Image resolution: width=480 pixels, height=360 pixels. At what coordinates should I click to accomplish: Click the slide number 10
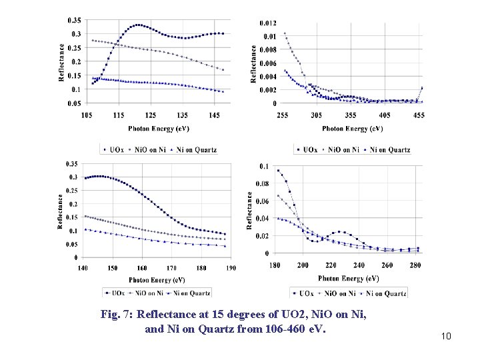coord(446,336)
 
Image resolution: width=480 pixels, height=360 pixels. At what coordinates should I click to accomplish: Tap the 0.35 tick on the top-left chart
coord(74,20)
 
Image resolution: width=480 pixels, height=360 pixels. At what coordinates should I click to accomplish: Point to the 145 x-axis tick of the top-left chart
coord(213,116)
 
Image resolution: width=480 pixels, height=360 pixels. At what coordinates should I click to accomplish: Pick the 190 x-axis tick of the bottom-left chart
coord(230,268)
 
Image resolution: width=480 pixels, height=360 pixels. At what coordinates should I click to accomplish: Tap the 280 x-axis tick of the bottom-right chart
coord(415,265)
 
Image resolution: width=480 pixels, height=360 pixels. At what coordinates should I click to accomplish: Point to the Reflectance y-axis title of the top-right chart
coord(253,63)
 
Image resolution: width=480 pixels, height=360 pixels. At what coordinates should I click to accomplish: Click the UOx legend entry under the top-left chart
coord(116,150)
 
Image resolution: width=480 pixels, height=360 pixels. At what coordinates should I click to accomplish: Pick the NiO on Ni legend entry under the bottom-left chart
coord(150,293)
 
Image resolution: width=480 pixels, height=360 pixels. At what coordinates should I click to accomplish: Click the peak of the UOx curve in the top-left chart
coord(138,25)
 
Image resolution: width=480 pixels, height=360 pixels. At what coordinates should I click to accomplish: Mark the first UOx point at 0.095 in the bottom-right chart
coord(279,171)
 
